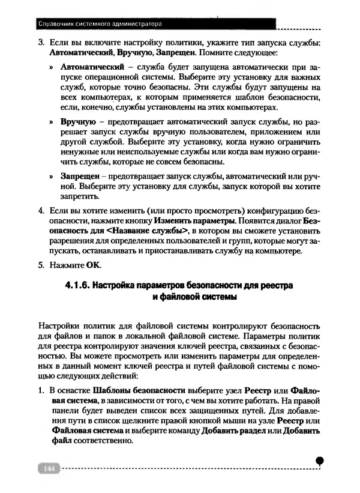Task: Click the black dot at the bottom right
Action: pyautogui.click(x=320, y=461)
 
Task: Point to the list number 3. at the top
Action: pyautogui.click(x=41, y=43)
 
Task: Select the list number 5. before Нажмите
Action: pyautogui.click(x=41, y=264)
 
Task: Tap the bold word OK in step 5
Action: pyautogui.click(x=93, y=264)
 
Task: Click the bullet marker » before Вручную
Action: pyautogui.click(x=53, y=122)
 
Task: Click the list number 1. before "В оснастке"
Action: pyautogui.click(x=41, y=390)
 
